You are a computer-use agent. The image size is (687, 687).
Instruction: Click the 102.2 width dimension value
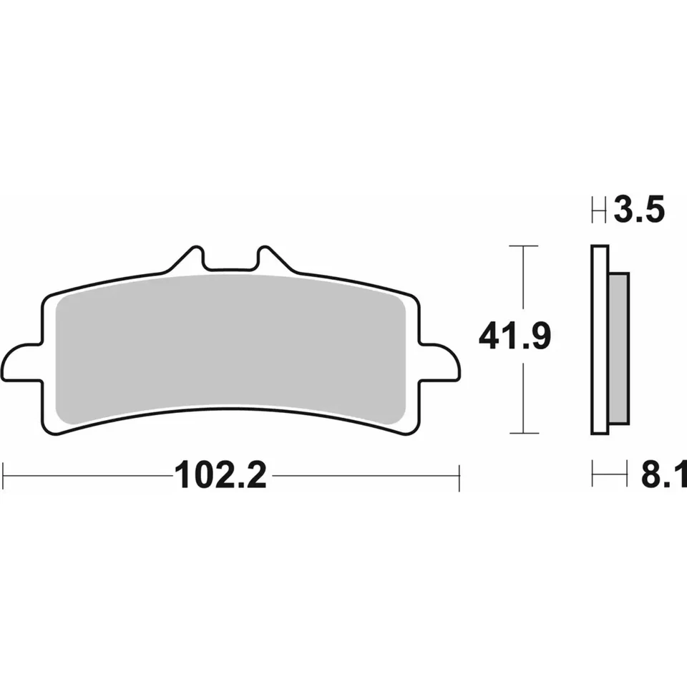(x=220, y=475)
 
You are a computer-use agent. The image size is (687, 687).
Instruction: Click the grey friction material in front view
(x=229, y=343)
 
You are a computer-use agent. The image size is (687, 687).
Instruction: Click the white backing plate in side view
(x=600, y=340)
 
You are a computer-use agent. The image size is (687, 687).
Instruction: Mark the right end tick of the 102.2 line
(x=459, y=475)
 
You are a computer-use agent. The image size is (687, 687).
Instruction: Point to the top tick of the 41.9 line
(x=525, y=246)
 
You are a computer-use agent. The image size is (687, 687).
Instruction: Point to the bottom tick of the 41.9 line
(x=525, y=433)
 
